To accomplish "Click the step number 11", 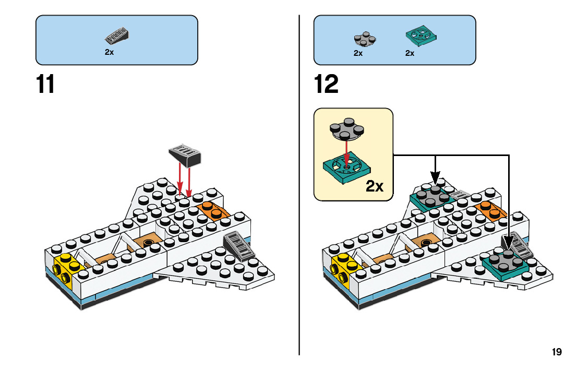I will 45,85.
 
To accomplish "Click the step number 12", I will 327,85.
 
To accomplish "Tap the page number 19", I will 557,352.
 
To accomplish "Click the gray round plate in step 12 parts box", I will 365,39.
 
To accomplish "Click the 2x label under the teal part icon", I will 410,53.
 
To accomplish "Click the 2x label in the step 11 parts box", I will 109,53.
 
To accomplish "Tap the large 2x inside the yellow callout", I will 375,186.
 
